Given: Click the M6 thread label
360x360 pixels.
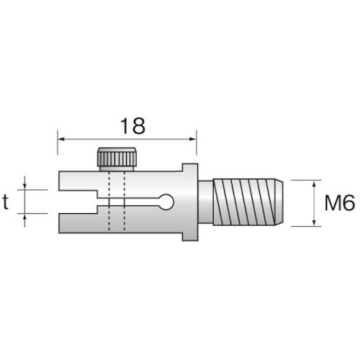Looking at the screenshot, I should click(339, 203).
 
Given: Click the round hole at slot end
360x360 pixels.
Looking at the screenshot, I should click(166, 203).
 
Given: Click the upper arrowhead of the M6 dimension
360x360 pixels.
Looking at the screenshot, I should click(315, 183).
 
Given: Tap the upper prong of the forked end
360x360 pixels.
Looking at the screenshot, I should click(75, 182).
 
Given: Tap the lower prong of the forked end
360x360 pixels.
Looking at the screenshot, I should click(75, 224).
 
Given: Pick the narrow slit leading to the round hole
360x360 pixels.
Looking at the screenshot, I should click(137, 203).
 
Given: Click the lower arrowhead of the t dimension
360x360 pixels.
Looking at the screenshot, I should click(27, 217).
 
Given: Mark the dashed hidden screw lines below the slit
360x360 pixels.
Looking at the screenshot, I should click(116, 225).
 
